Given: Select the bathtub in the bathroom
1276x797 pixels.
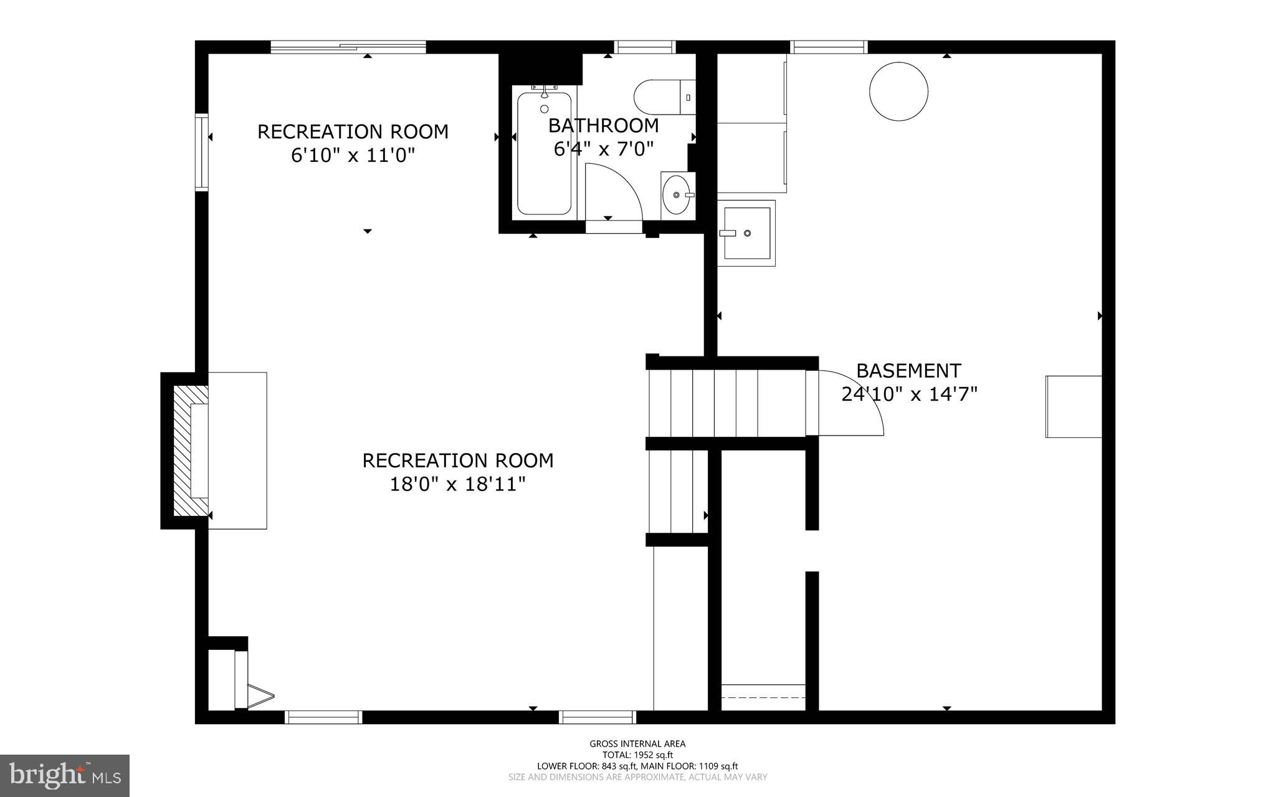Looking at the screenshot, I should (x=544, y=154).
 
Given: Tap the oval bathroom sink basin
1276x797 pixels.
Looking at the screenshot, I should (x=677, y=194).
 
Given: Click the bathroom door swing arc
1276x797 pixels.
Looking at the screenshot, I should (x=617, y=187).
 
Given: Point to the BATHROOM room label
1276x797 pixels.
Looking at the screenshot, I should (x=603, y=126).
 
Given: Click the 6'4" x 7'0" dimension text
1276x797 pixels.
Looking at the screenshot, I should (x=603, y=149).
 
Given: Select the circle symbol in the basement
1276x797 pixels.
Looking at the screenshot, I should (x=898, y=91).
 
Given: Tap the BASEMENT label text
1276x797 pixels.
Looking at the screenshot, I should (x=908, y=371).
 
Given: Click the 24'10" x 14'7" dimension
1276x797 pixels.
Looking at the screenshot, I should (x=908, y=394).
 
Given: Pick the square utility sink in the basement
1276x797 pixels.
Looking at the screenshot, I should (x=746, y=233).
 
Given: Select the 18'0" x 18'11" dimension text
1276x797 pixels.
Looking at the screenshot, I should (x=457, y=484).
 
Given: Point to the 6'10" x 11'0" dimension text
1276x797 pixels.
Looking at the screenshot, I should (x=353, y=155).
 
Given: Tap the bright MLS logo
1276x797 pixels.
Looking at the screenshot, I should (x=65, y=775).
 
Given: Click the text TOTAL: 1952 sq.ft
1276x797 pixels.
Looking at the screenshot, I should (x=637, y=755).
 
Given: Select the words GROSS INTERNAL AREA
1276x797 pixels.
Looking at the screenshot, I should (x=637, y=743).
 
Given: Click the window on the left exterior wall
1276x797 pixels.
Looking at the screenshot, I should (x=201, y=151).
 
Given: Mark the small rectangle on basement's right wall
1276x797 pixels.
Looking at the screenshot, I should (x=1073, y=406).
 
